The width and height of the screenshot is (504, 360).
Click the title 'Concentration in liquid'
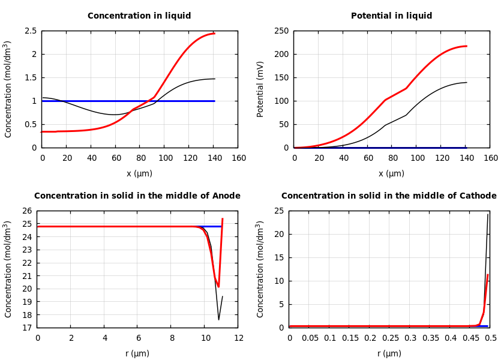(x=139, y=16)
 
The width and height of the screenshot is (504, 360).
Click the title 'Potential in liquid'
(x=391, y=16)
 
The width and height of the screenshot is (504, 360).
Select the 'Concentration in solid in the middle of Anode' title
(x=137, y=196)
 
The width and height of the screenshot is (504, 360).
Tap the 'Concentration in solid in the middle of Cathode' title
(x=389, y=196)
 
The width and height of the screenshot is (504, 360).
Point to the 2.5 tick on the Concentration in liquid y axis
(x=31, y=31)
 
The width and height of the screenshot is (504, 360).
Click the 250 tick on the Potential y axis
(x=281, y=31)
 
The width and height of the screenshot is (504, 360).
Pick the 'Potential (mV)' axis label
(x=260, y=89)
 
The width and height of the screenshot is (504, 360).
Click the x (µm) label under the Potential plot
(x=391, y=173)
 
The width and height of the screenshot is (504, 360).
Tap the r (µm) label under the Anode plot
(x=137, y=353)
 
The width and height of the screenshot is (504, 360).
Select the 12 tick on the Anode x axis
(x=238, y=338)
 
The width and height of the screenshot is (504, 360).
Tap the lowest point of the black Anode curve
(x=218, y=319)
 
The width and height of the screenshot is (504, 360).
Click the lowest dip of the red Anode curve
(x=218, y=287)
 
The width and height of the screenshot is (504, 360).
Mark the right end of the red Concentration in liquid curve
(x=214, y=34)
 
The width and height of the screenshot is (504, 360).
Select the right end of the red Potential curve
(x=466, y=46)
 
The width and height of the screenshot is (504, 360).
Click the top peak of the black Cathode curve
(x=488, y=214)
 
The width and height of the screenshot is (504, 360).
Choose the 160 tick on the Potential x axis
(x=490, y=158)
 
